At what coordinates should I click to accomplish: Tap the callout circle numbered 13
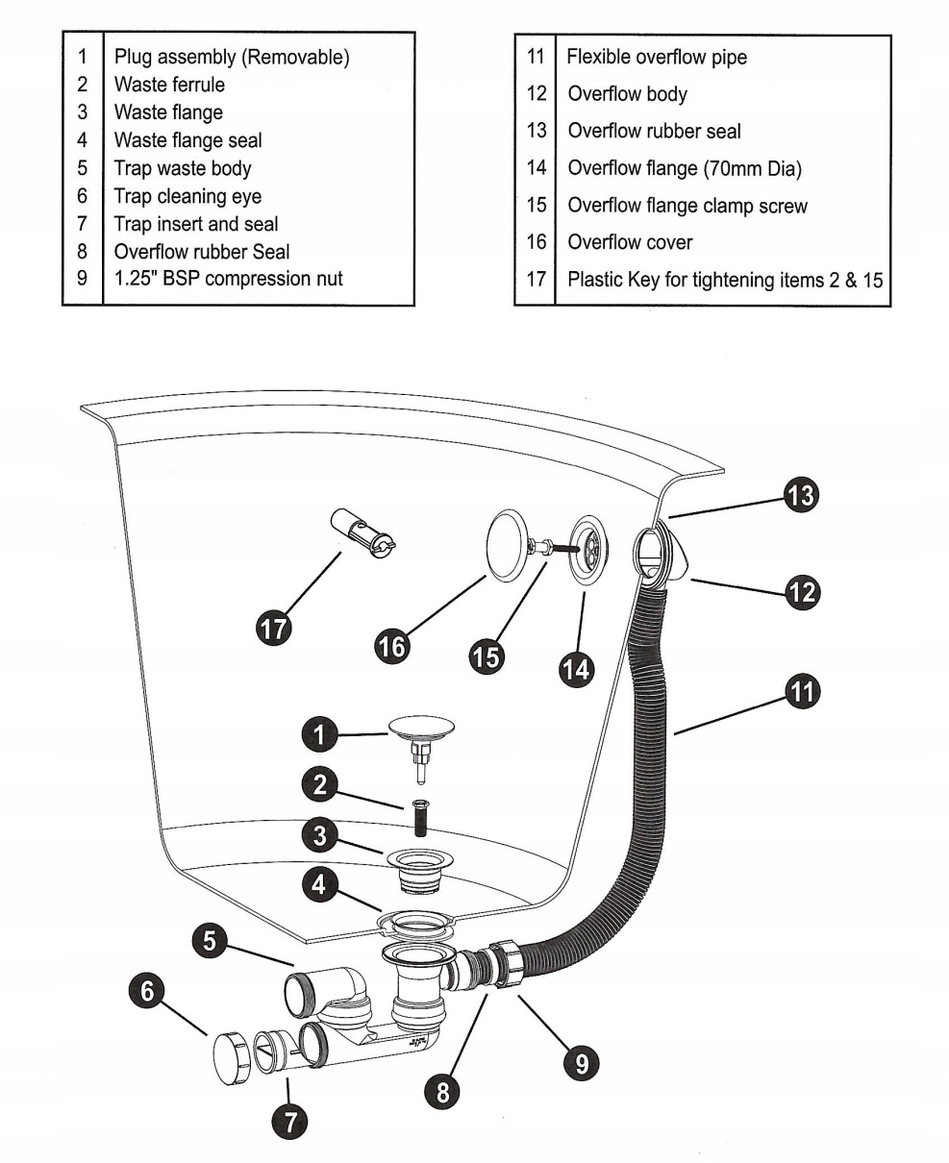[x=800, y=496]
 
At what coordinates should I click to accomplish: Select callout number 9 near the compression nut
[x=581, y=1062]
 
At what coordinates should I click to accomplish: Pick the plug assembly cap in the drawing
[x=420, y=728]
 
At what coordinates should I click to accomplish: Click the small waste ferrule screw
[x=420, y=817]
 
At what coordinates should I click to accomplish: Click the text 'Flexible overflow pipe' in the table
[x=657, y=57]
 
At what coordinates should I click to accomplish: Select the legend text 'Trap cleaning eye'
[x=187, y=196]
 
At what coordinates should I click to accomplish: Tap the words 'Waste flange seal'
[x=187, y=140]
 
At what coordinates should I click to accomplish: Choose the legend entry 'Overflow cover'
[x=630, y=242]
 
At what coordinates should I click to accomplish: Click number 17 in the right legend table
[x=536, y=280]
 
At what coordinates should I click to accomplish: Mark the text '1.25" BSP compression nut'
[x=229, y=280]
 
